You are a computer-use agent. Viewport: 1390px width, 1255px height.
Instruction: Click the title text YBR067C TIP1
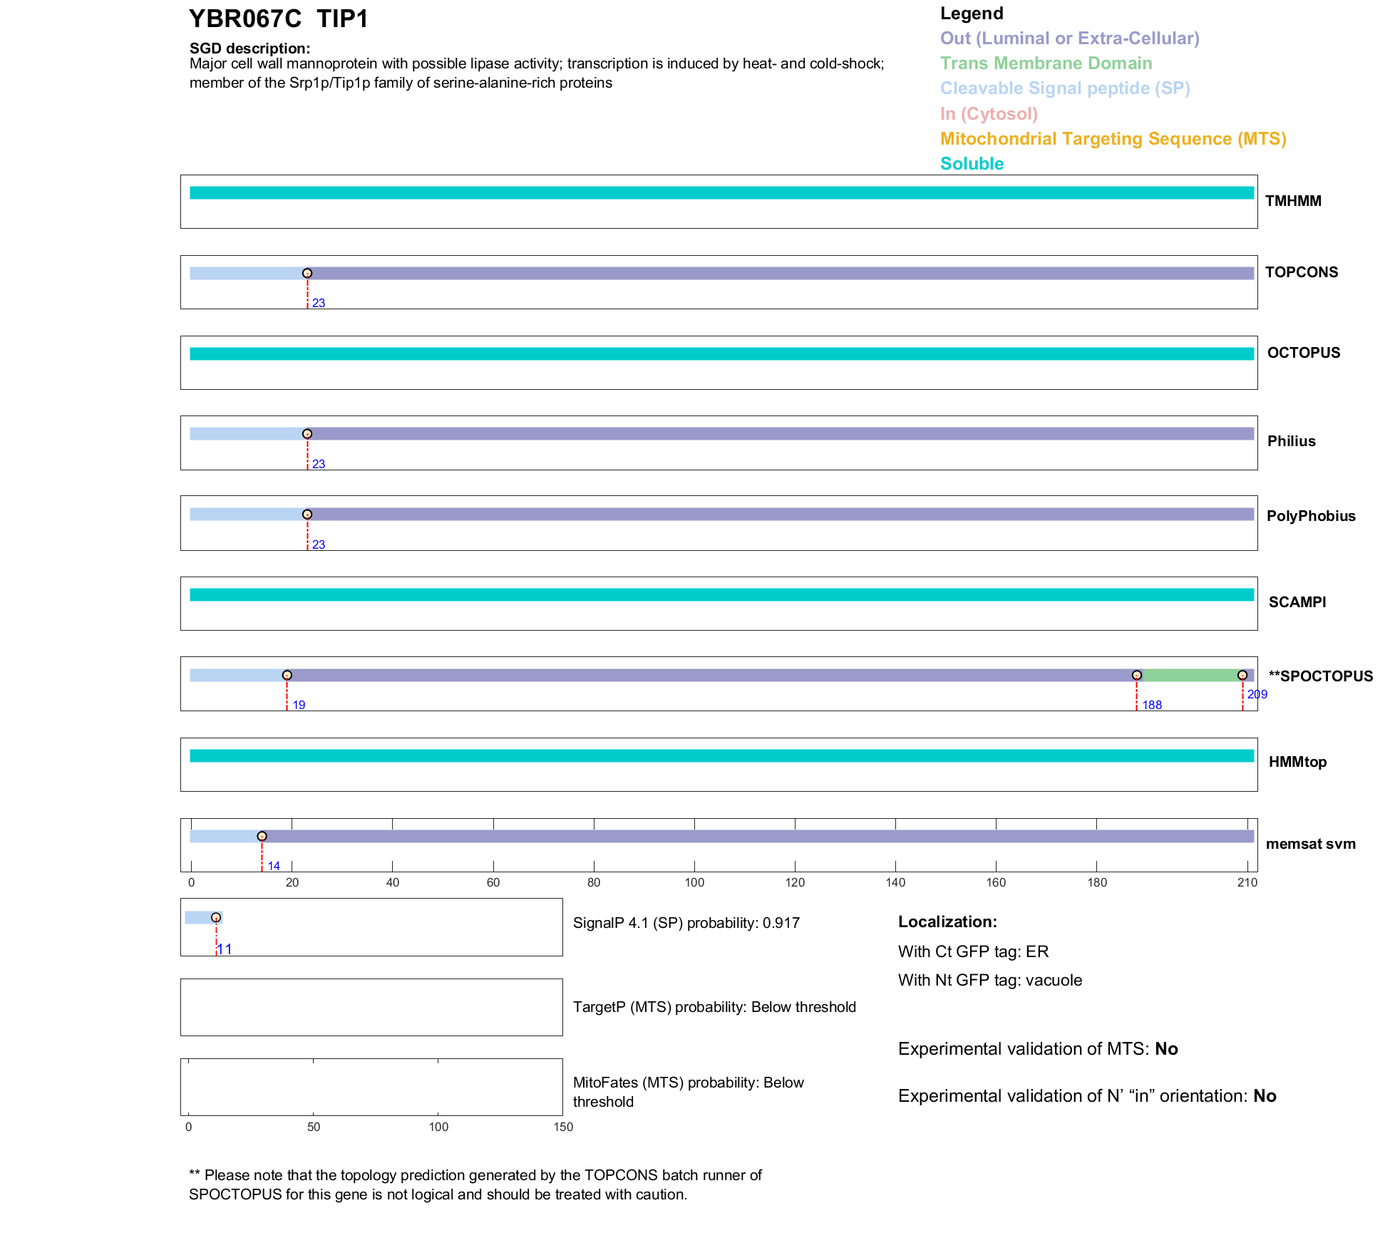pos(278,19)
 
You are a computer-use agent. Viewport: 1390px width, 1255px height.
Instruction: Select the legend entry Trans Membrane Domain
pos(1046,63)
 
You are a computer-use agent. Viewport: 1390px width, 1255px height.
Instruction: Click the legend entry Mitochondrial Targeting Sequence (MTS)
pos(1113,139)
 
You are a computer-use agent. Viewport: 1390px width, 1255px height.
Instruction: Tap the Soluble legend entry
pos(972,164)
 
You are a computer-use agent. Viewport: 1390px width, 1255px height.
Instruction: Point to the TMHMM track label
pos(1293,201)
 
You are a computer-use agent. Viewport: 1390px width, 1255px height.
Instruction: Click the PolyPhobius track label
pos(1311,516)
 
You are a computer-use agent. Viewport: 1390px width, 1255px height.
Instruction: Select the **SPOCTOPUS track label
pos(1320,676)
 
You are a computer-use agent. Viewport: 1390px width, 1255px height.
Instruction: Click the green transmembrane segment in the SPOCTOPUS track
pos(1190,676)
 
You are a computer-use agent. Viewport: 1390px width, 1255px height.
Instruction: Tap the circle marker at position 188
pos(1137,676)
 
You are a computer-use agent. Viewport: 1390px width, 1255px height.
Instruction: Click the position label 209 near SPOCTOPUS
pos(1257,694)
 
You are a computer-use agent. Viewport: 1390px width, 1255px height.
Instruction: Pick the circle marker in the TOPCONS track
pos(307,274)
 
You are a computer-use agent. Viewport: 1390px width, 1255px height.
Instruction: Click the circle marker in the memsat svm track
pos(262,837)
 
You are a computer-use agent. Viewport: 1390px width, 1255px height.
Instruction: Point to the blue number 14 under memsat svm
pos(274,867)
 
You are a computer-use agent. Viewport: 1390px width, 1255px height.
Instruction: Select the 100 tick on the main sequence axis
pos(694,882)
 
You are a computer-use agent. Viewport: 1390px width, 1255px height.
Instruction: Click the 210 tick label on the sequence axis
pos(1247,882)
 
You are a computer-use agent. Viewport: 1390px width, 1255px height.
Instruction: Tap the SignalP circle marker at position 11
pos(216,918)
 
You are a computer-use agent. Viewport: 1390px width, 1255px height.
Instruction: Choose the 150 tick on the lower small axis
pos(563,1127)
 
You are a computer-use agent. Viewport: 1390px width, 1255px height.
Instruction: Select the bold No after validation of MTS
pos(1166,1049)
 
